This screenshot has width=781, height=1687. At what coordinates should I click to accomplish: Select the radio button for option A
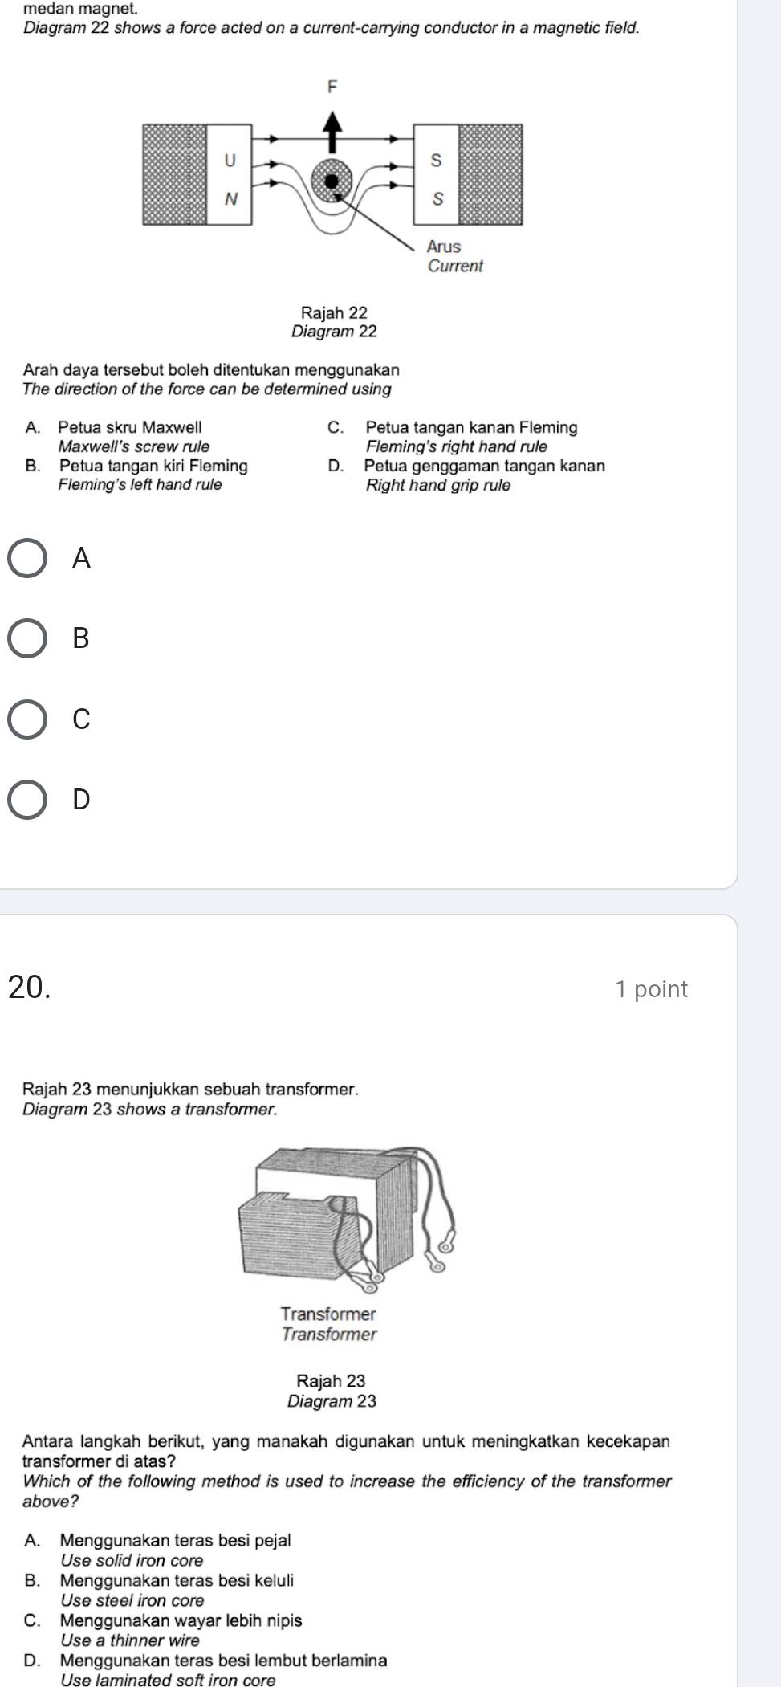[27, 558]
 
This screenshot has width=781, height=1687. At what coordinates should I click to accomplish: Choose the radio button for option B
[27, 638]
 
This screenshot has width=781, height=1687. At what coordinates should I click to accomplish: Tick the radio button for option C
[27, 719]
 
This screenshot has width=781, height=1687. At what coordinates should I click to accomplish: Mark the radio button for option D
[27, 800]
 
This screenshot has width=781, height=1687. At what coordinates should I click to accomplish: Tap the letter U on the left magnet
[230, 160]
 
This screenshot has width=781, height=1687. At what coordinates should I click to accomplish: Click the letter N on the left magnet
[231, 198]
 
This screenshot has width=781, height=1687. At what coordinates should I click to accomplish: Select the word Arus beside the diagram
[444, 247]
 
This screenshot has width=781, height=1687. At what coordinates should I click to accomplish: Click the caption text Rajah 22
[334, 312]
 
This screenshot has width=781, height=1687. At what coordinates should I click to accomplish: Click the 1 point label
[652, 988]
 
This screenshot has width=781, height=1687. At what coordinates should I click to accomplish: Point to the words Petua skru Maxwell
[130, 427]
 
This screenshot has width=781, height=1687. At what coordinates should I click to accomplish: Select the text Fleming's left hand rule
[140, 484]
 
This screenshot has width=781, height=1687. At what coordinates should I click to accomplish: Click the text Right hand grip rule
[438, 485]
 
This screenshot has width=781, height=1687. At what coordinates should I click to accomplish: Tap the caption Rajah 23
[331, 1381]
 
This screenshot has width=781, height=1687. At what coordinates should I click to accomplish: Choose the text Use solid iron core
[132, 1560]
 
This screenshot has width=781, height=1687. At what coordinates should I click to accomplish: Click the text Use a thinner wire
[130, 1640]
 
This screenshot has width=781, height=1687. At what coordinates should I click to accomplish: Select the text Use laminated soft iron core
[168, 1680]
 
